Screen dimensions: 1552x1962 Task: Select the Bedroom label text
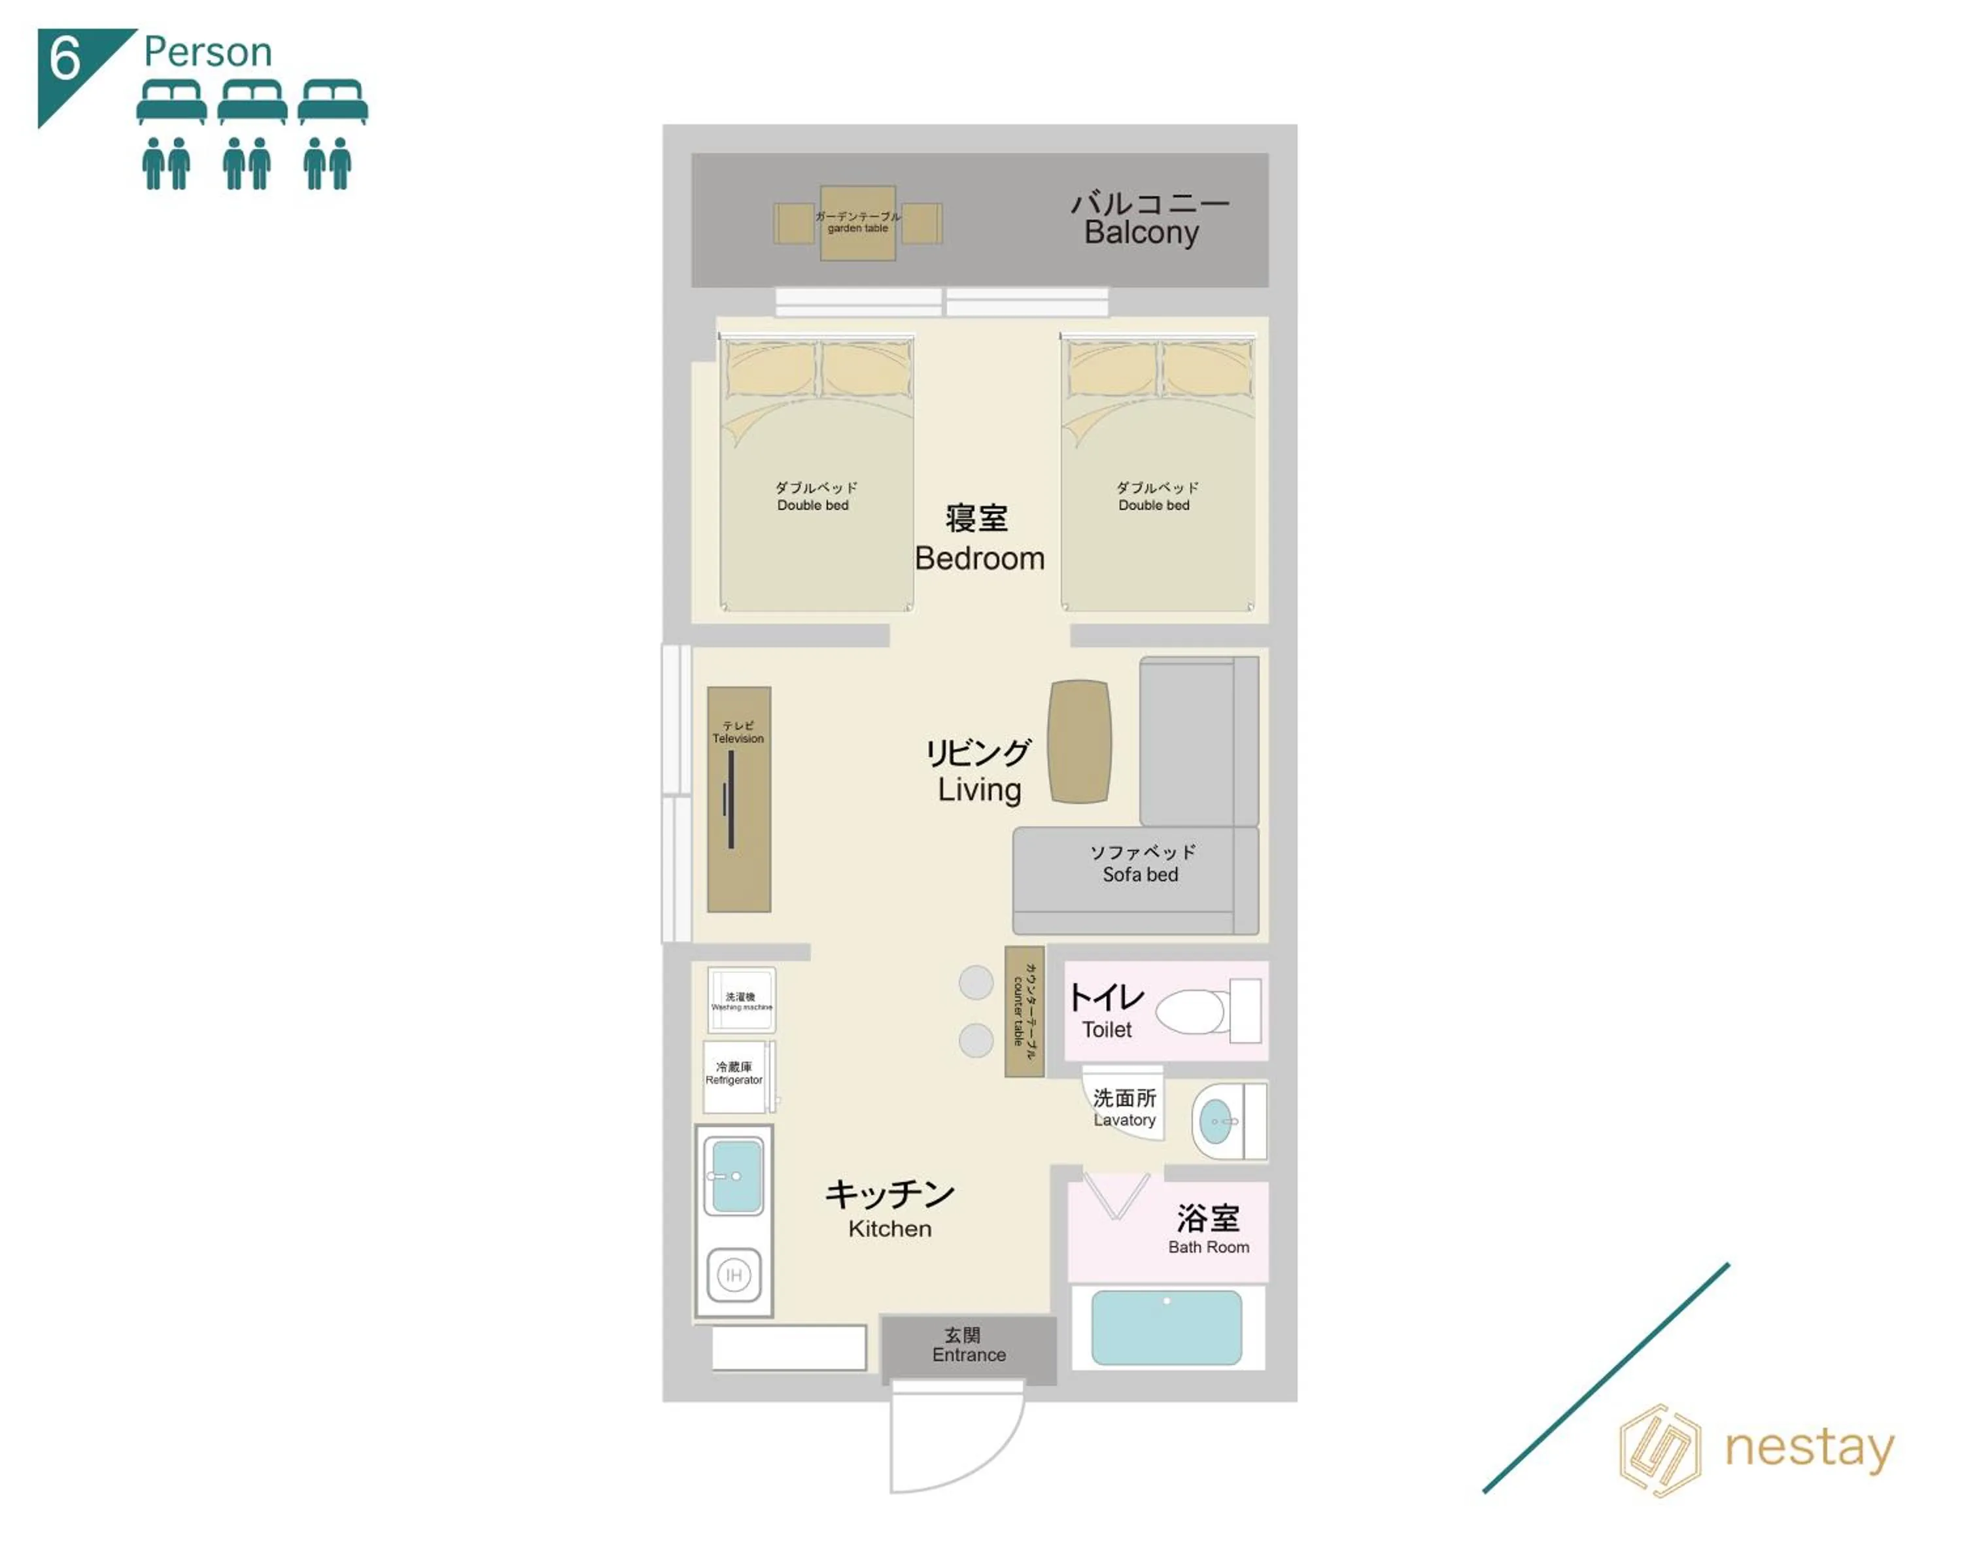coord(979,557)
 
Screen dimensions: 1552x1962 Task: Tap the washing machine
coord(740,1000)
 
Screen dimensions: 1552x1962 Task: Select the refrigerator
coord(734,1076)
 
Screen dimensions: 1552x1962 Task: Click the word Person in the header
coord(207,52)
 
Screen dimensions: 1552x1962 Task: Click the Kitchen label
coord(889,1228)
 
